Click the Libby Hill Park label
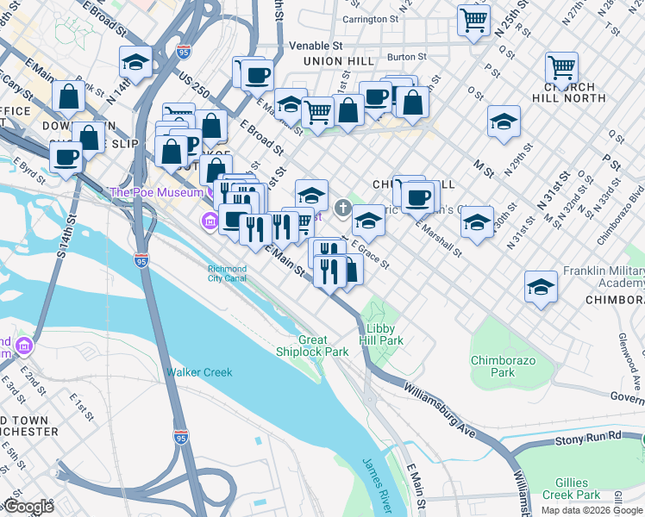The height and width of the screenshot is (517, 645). click(x=385, y=334)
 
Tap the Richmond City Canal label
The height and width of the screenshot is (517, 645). click(x=227, y=273)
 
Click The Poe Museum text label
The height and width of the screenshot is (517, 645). click(x=154, y=191)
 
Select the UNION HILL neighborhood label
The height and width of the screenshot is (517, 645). click(x=338, y=61)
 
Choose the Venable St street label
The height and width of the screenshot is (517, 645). click(x=316, y=45)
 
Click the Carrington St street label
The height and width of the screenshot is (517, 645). click(x=369, y=18)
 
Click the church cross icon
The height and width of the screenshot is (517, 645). click(x=342, y=207)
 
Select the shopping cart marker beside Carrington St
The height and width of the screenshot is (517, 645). click(x=473, y=21)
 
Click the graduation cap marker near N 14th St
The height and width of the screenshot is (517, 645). click(x=135, y=62)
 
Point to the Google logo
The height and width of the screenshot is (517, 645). click(x=28, y=507)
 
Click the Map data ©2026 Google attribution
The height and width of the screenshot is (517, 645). click(x=592, y=510)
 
